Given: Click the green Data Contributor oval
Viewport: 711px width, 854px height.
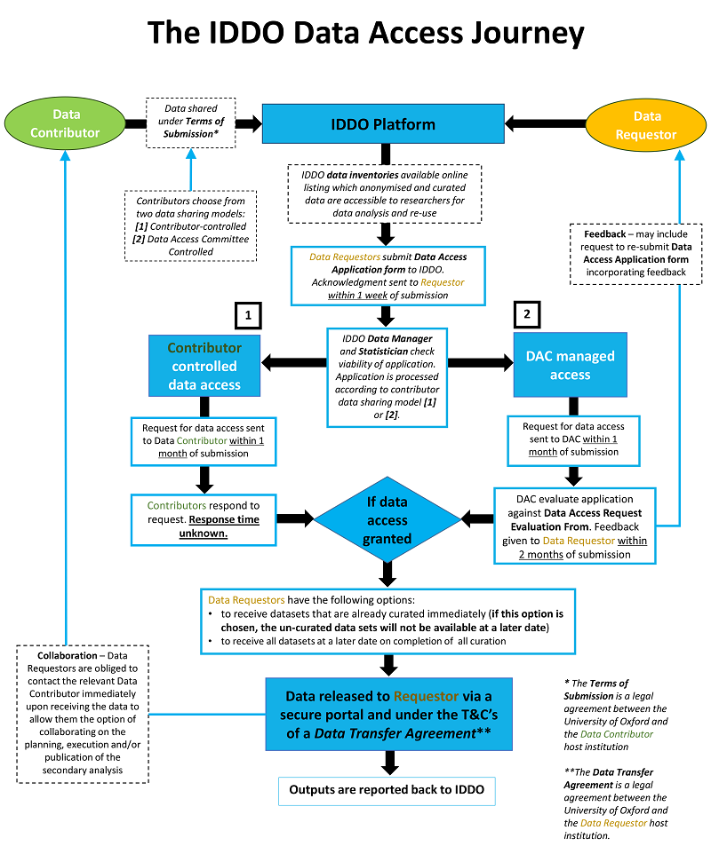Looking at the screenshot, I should pyautogui.click(x=66, y=123).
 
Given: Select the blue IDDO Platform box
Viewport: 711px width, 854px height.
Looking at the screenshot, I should pyautogui.click(x=383, y=123).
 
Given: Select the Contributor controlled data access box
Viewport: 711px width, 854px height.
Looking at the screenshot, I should pyautogui.click(x=204, y=364).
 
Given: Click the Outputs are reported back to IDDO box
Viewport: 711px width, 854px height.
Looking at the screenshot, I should pyautogui.click(x=387, y=790).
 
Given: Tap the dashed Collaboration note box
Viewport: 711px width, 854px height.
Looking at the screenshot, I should pyautogui.click(x=83, y=713).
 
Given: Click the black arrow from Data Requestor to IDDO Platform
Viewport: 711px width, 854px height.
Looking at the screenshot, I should pyautogui.click(x=547, y=123).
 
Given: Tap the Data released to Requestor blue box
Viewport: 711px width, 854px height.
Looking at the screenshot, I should pyautogui.click(x=387, y=714).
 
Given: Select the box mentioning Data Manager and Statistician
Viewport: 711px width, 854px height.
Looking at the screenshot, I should pyautogui.click(x=385, y=376).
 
